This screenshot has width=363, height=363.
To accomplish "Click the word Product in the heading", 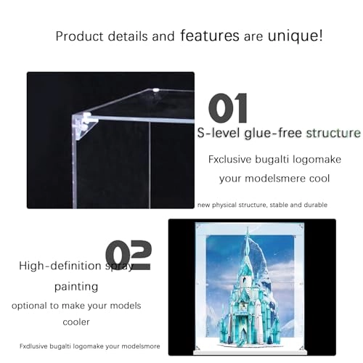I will [x=79, y=36].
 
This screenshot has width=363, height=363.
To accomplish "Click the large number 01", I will [x=227, y=108].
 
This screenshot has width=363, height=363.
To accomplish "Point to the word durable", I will [x=314, y=205].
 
